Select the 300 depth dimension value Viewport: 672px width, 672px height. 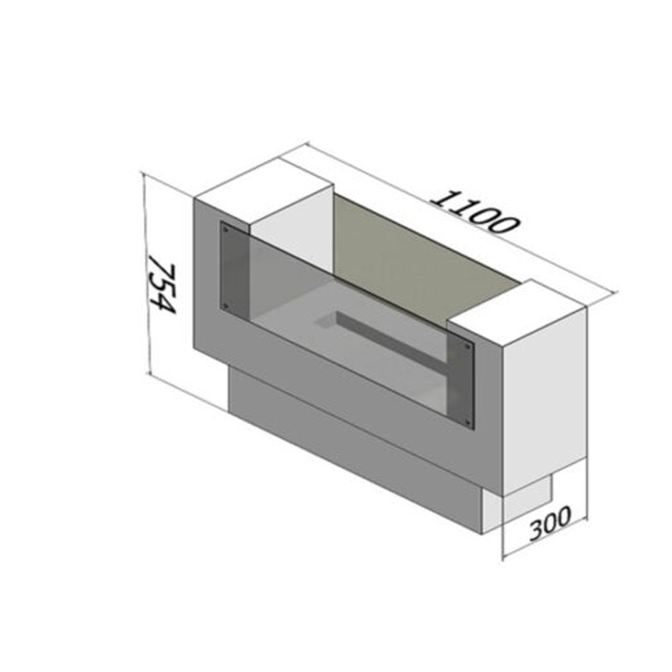550,522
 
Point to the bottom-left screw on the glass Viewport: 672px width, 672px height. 225,306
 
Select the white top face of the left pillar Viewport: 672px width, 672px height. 264,190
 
